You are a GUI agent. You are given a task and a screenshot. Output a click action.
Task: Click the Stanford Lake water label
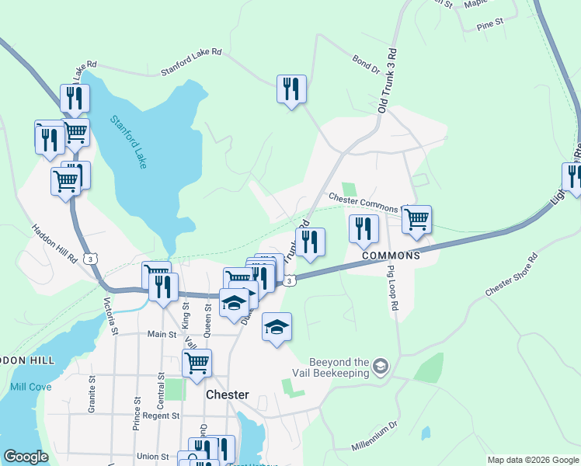click(129, 142)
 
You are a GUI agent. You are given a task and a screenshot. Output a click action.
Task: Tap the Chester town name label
click(228, 395)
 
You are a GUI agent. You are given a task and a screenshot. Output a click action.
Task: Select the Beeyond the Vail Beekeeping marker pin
click(381, 365)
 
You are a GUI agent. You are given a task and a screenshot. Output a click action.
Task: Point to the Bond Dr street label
click(365, 64)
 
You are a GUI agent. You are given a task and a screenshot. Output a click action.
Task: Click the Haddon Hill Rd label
click(54, 242)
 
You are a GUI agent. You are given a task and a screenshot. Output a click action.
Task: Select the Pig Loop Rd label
click(392, 288)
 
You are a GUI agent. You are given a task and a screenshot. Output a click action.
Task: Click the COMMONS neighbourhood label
click(390, 255)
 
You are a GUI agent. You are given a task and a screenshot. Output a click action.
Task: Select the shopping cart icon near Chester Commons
click(416, 219)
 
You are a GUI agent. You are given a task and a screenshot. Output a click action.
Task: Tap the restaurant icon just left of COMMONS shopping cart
click(363, 228)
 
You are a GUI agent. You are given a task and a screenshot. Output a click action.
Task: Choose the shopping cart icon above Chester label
click(197, 361)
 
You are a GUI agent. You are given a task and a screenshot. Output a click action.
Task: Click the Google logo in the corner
click(26, 457)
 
